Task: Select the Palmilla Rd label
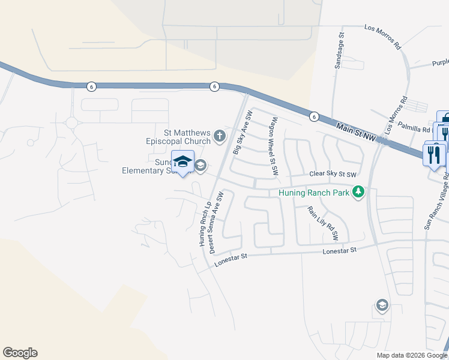[x=419, y=129]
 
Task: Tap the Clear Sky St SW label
[x=333, y=174]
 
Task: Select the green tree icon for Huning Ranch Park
[x=359, y=192]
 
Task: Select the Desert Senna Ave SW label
[x=215, y=222]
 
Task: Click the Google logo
[x=20, y=353]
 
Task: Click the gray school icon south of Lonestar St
[x=381, y=306]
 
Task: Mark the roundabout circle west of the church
[x=72, y=123]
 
